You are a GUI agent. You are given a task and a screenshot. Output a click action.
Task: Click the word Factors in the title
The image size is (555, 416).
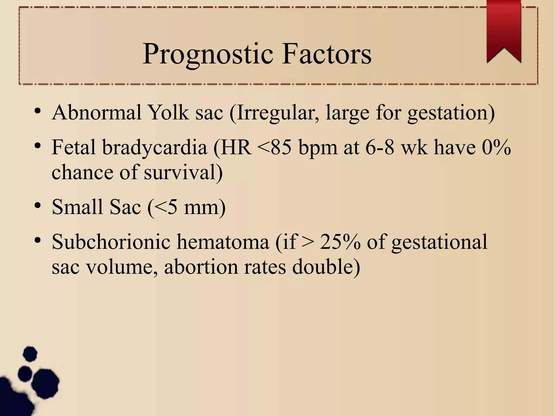click(x=327, y=54)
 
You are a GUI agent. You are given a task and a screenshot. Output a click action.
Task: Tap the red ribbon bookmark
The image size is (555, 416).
click(x=504, y=30)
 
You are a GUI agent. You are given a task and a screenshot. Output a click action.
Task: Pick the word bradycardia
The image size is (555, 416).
click(x=155, y=148)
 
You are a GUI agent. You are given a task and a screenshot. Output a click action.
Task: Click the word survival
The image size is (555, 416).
click(x=183, y=173)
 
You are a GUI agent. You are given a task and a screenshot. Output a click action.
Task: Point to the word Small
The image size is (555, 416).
click(x=78, y=207)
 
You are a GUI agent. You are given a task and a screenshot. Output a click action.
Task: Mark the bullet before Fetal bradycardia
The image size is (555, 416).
click(x=38, y=146)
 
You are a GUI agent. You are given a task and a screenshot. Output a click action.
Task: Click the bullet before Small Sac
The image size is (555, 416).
click(x=38, y=206)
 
